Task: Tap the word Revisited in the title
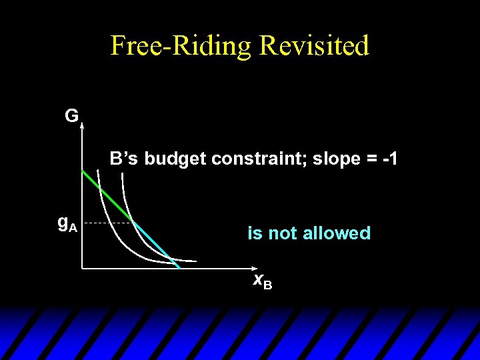click(x=314, y=46)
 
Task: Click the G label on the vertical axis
click(x=71, y=117)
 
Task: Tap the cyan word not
click(x=283, y=233)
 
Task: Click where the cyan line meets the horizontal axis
click(x=179, y=267)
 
